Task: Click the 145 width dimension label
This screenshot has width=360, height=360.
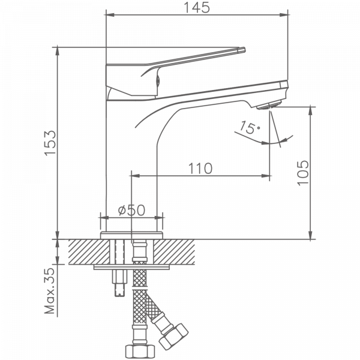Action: pyautogui.click(x=197, y=8)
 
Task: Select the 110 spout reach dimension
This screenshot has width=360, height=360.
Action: pyautogui.click(x=200, y=168)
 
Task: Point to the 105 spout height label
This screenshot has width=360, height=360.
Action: pyautogui.click(x=303, y=173)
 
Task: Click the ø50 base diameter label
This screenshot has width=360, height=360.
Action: pyautogui.click(x=131, y=211)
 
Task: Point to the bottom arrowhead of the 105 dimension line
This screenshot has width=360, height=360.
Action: pyautogui.click(x=311, y=236)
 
